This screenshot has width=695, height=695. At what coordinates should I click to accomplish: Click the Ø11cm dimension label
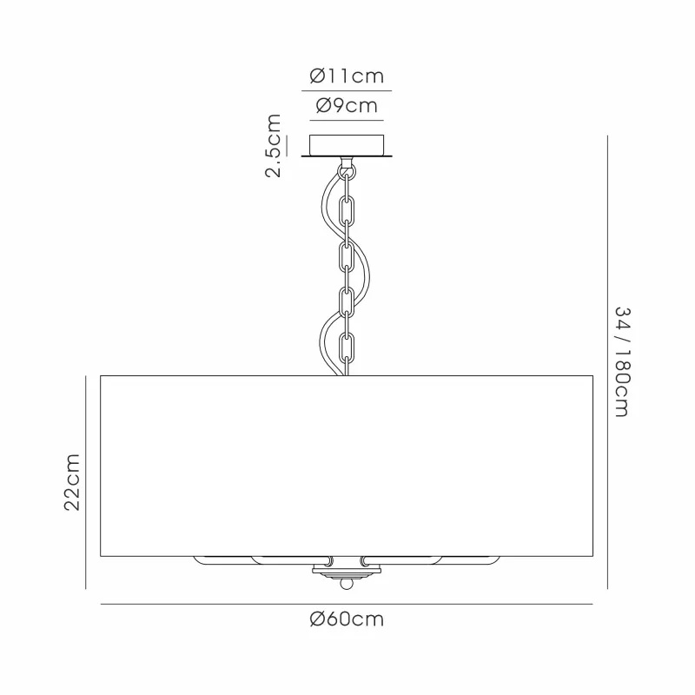click(x=347, y=76)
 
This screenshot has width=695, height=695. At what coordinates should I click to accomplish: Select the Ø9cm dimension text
click(x=347, y=106)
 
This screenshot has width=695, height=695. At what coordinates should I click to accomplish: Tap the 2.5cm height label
click(x=274, y=146)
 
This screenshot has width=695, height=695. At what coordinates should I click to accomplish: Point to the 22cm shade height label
click(x=72, y=482)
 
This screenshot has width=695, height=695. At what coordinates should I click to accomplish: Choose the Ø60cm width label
click(x=347, y=619)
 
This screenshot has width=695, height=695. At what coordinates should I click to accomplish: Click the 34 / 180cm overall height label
click(x=622, y=362)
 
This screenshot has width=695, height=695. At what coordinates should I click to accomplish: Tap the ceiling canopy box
click(x=347, y=145)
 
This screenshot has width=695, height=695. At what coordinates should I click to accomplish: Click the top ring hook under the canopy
click(x=347, y=170)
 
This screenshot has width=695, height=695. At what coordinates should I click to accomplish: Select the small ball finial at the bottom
click(x=347, y=585)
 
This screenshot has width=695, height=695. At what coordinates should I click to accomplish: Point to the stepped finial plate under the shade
click(x=347, y=573)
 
